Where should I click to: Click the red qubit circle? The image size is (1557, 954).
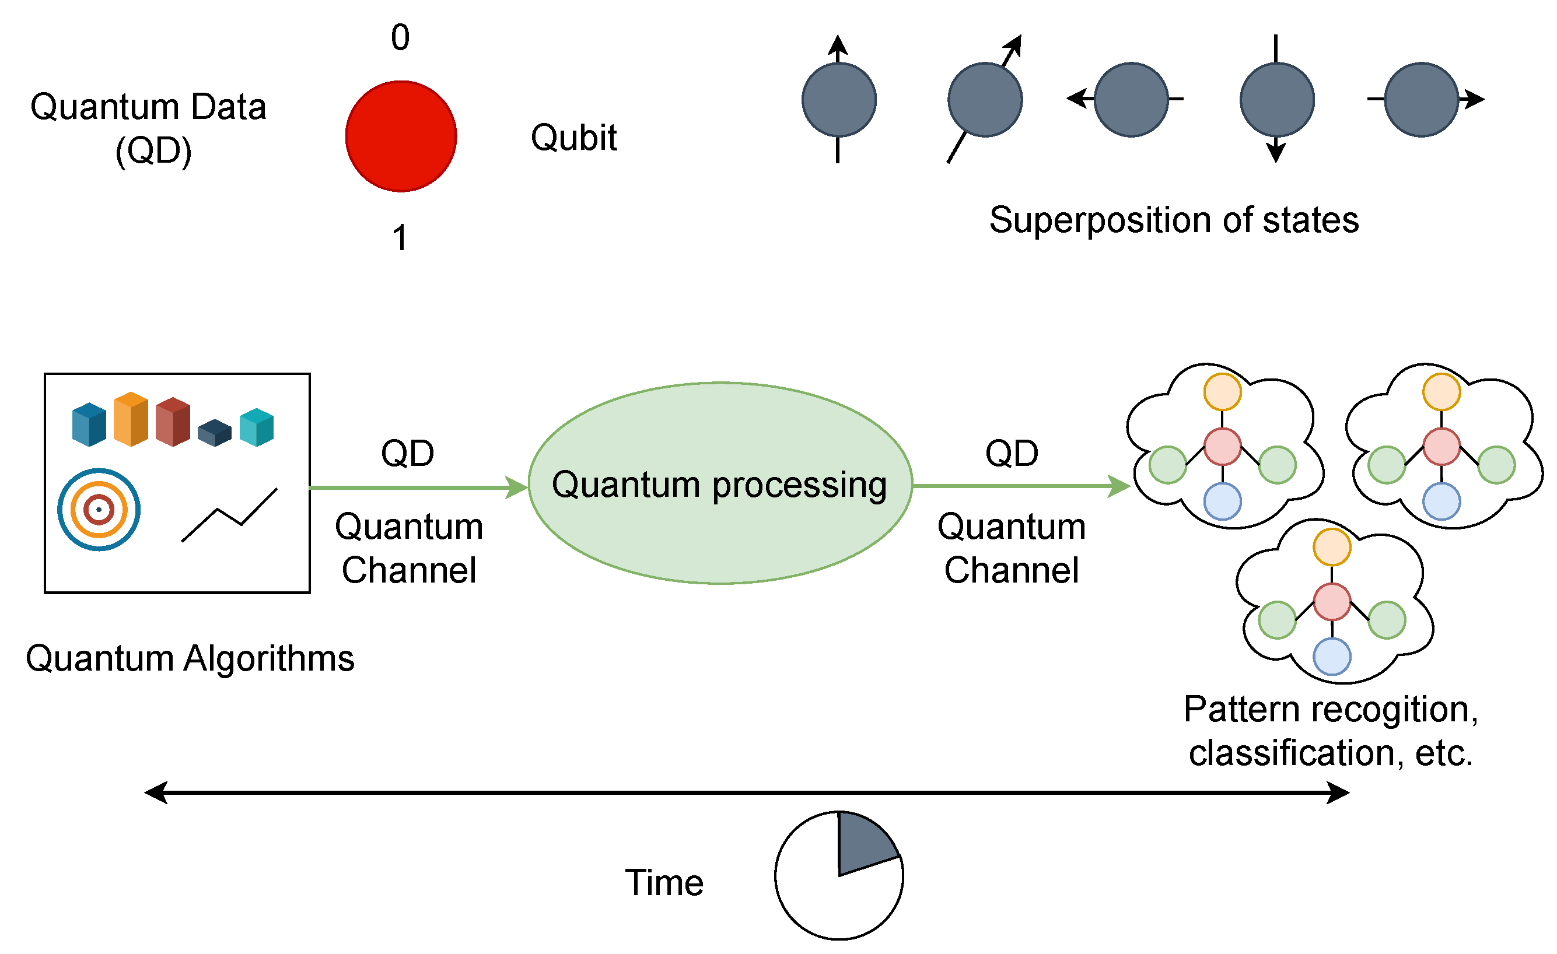pos(401,136)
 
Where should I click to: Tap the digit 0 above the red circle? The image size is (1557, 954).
pos(400,38)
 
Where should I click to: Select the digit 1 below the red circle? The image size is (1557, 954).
pos(400,238)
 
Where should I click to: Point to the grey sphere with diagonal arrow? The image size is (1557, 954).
pos(985,100)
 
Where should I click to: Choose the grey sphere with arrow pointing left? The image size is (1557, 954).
pos(1131,100)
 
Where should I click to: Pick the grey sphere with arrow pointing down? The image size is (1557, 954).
pos(1276,100)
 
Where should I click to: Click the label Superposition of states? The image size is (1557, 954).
pos(1173,220)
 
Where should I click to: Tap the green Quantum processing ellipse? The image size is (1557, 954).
pos(720,483)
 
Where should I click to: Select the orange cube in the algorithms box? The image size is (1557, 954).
pos(131,419)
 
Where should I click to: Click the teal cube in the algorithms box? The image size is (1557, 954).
pos(257,427)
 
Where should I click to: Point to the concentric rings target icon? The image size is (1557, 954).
pos(99,509)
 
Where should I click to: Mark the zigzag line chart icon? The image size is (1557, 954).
pos(229,515)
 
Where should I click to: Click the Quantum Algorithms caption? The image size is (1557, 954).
pos(190,658)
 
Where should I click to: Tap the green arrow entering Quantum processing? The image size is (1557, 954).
pos(417,487)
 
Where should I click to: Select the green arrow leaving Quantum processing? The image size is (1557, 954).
pos(1020,486)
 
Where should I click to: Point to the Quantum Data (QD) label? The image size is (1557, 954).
pos(149,128)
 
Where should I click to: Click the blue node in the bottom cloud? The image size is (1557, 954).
pos(1332,657)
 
